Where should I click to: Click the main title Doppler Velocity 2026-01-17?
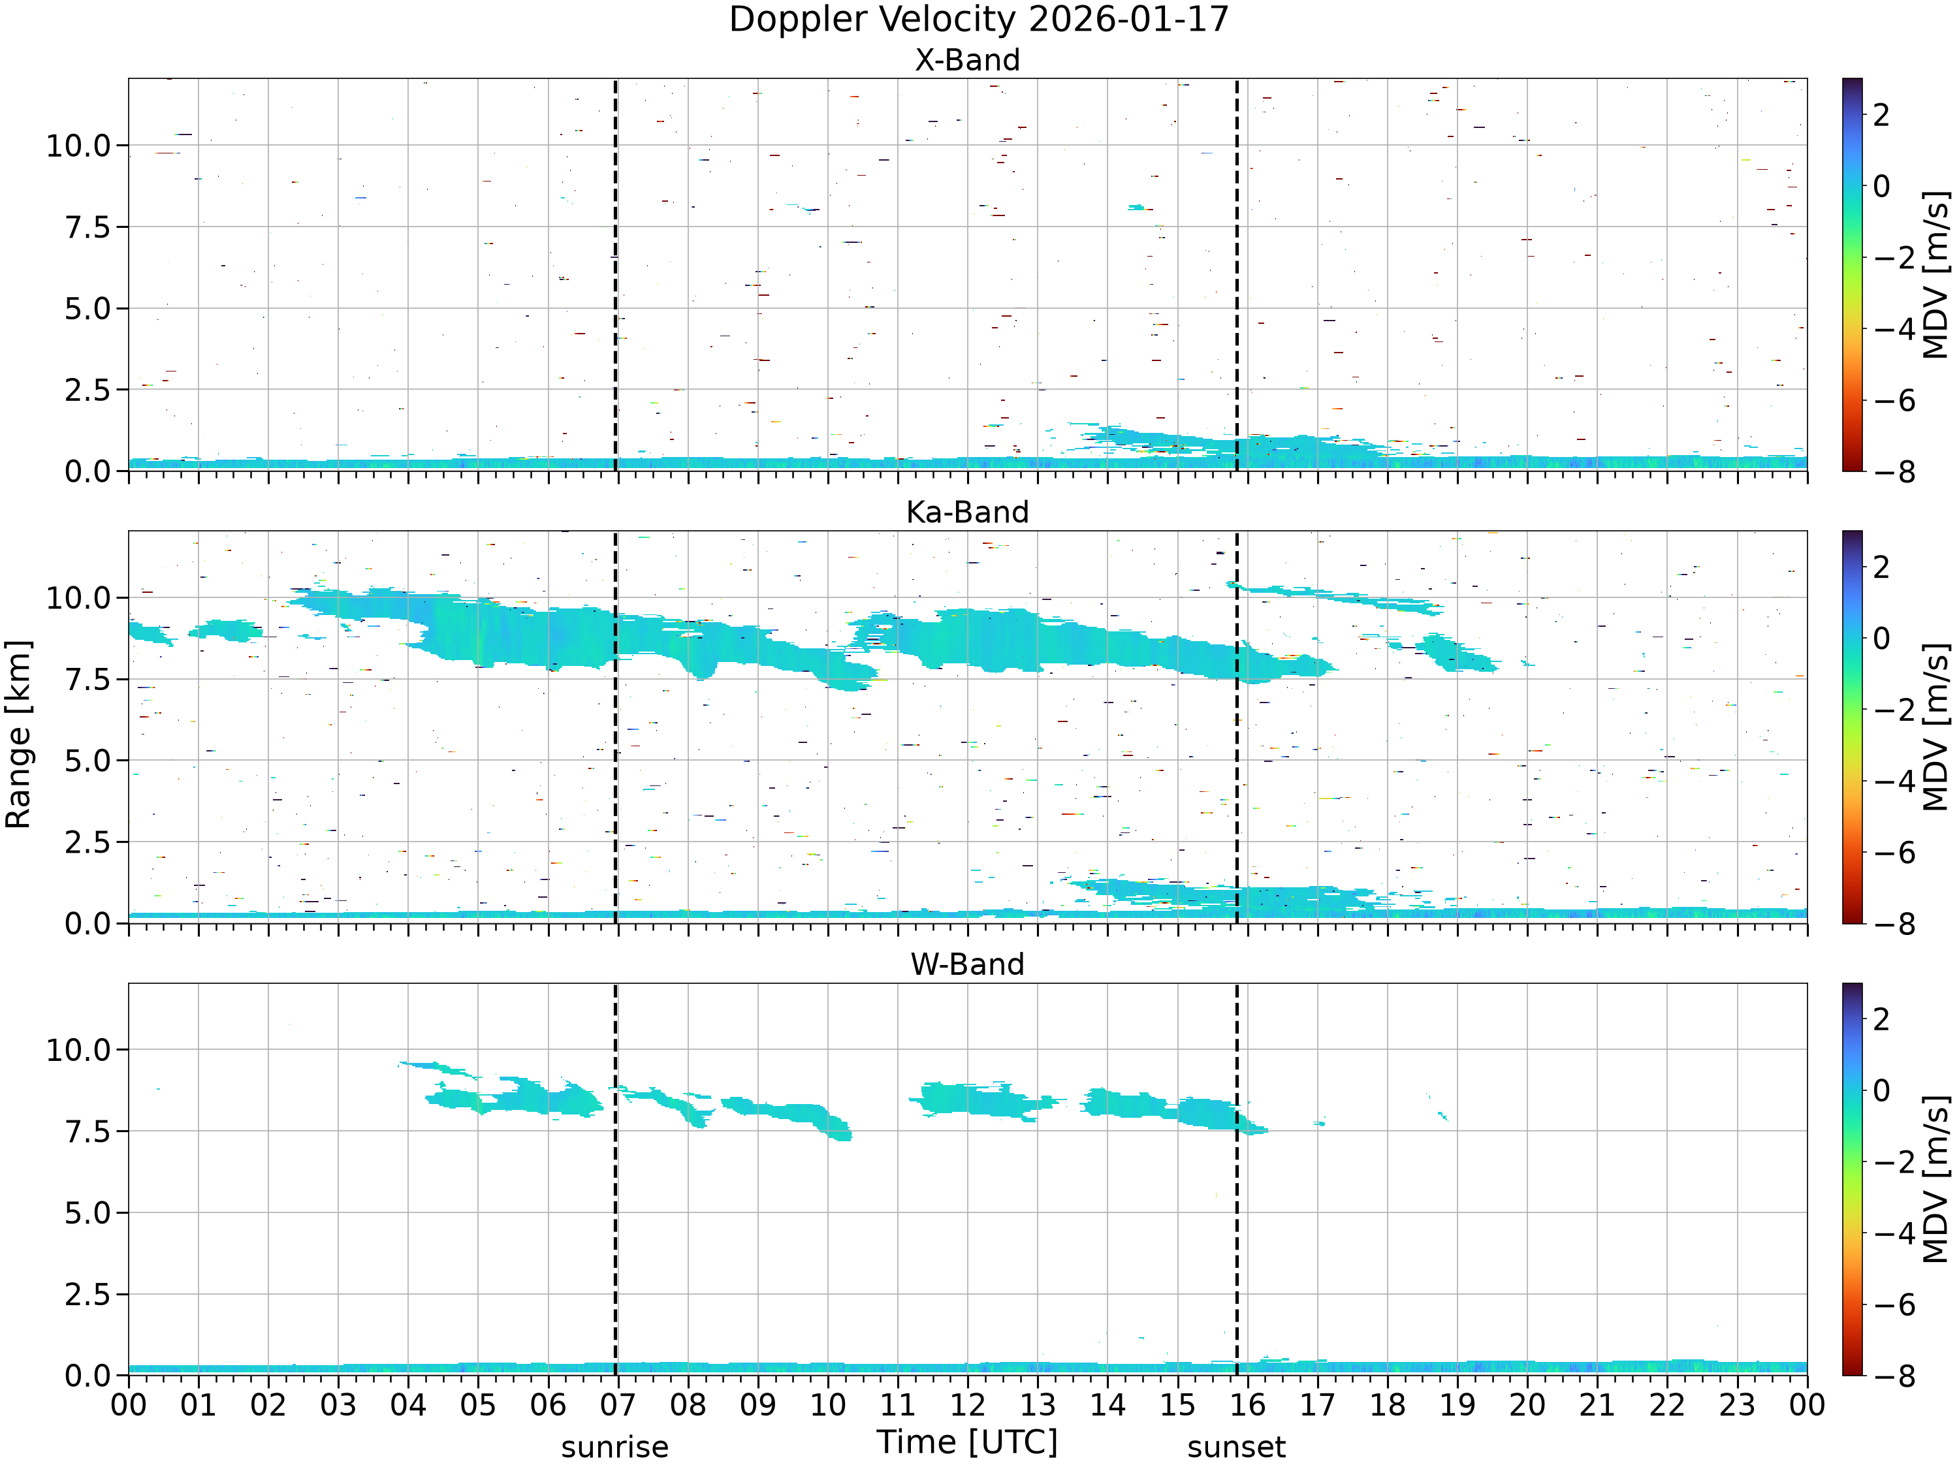click(x=979, y=20)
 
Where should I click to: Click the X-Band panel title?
click(x=967, y=60)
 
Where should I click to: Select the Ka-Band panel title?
click(x=967, y=512)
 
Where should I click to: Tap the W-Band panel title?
click(x=967, y=964)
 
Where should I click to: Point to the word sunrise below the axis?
click(x=614, y=1447)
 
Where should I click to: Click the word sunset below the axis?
click(x=1236, y=1447)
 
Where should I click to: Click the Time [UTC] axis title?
click(x=967, y=1442)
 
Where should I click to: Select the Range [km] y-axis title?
click(x=18, y=734)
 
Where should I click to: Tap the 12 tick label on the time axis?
click(x=967, y=1405)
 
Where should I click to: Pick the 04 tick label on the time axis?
click(x=407, y=1405)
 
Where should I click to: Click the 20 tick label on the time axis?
click(x=1527, y=1405)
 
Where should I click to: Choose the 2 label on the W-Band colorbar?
click(x=1882, y=1019)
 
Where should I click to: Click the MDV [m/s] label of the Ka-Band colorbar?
click(x=1936, y=727)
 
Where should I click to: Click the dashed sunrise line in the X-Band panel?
click(x=616, y=274)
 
